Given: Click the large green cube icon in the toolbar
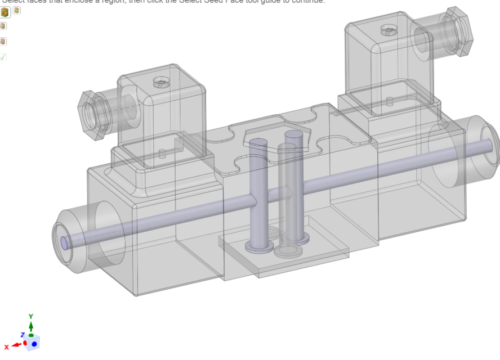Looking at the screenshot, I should tap(5, 12).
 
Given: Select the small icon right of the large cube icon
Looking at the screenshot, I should tap(16, 10).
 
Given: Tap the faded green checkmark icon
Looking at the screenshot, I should tap(3, 57).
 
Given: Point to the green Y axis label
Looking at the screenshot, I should tap(31, 317).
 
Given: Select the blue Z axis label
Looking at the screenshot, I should tap(22, 335).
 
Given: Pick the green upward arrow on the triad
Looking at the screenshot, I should tap(31, 326).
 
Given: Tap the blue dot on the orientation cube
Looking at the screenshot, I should tap(34, 343).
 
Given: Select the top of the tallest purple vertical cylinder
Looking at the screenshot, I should tap(294, 135).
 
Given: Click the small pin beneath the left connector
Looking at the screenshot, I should tap(162, 154).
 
